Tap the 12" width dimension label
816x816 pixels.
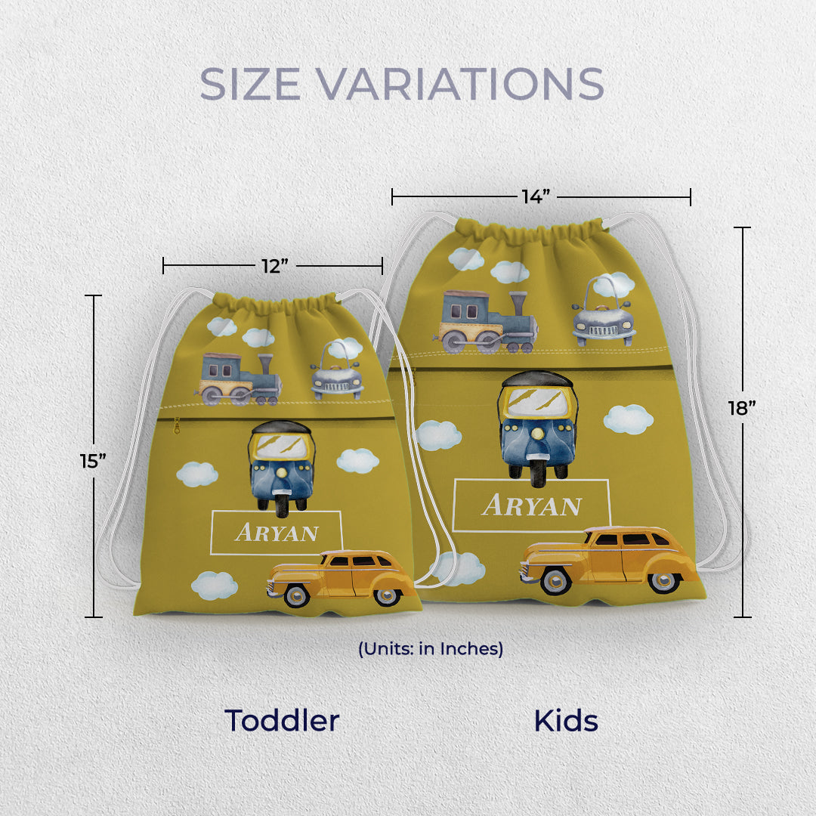[x=273, y=266]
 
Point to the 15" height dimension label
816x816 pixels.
[x=93, y=460]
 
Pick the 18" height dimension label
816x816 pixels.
[x=742, y=408]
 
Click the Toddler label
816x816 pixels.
[x=282, y=721]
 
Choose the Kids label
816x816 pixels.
[x=566, y=721]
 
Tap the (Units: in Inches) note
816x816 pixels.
[x=431, y=648]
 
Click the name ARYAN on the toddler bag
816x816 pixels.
[x=277, y=533]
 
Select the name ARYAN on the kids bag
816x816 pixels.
[x=532, y=505]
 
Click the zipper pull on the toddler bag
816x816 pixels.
[x=177, y=427]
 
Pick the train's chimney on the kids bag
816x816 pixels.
[x=518, y=305]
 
